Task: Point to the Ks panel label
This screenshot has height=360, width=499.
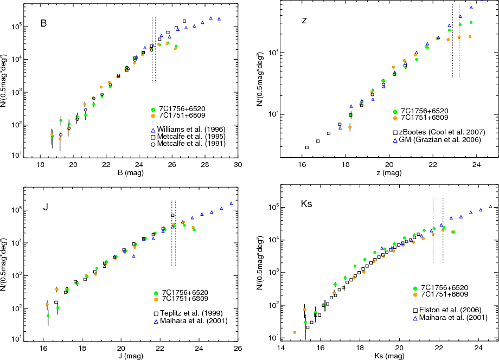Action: coord(307,204)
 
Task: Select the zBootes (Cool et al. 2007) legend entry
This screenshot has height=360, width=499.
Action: coord(444,132)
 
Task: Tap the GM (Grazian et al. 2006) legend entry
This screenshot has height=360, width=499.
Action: coord(444,140)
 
